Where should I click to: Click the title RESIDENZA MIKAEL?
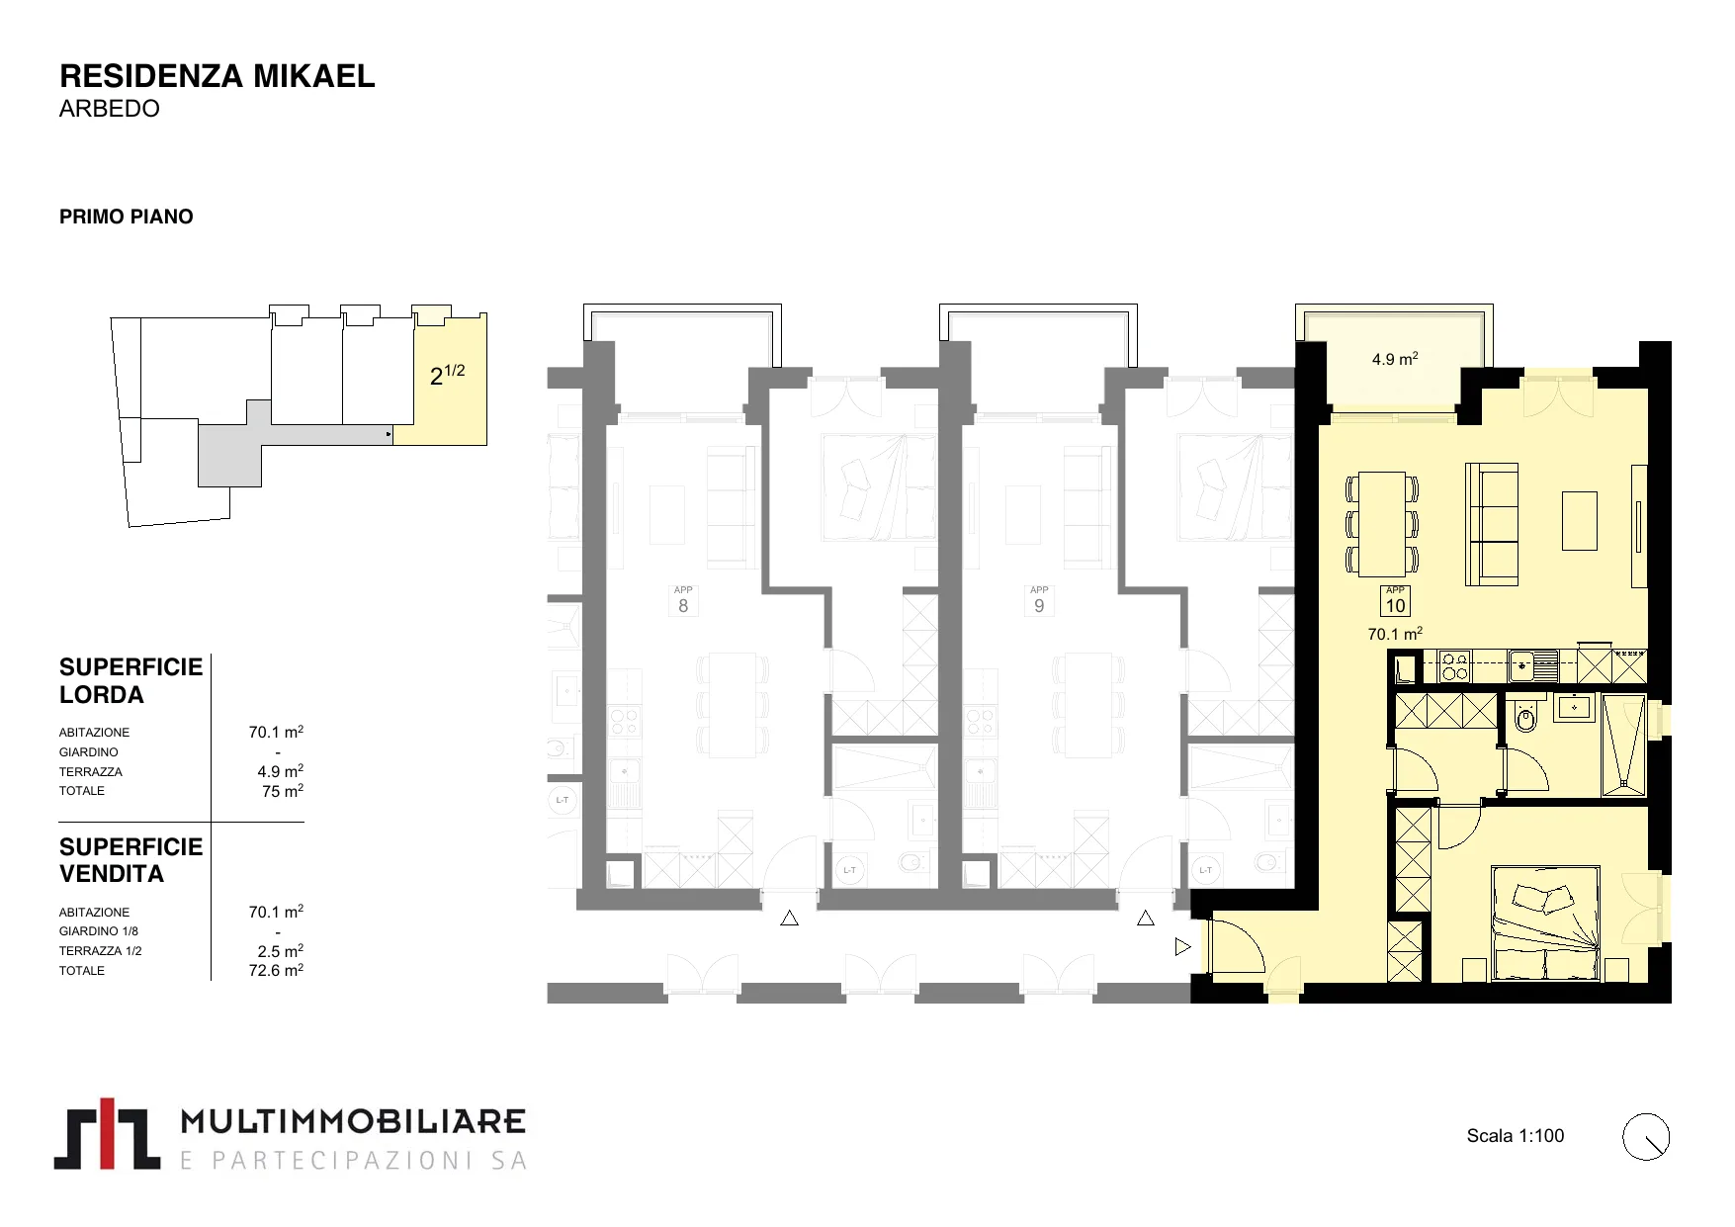217,76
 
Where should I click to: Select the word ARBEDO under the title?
109,109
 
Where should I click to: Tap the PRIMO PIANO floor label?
127,217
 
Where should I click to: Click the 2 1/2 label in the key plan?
447,374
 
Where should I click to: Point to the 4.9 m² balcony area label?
1395,359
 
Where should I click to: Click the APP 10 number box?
1395,601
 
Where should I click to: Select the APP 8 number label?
683,601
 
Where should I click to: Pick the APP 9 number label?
1039,601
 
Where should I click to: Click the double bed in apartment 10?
1546,923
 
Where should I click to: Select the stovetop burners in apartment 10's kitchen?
1455,665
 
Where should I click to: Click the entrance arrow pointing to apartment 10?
1182,947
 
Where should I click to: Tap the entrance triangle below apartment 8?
789,919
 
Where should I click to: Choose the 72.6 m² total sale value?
276,970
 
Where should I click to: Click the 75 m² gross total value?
283,791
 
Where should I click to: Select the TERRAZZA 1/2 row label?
101,951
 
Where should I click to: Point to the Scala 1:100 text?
1516,1136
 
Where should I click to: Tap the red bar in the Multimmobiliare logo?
111,1133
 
